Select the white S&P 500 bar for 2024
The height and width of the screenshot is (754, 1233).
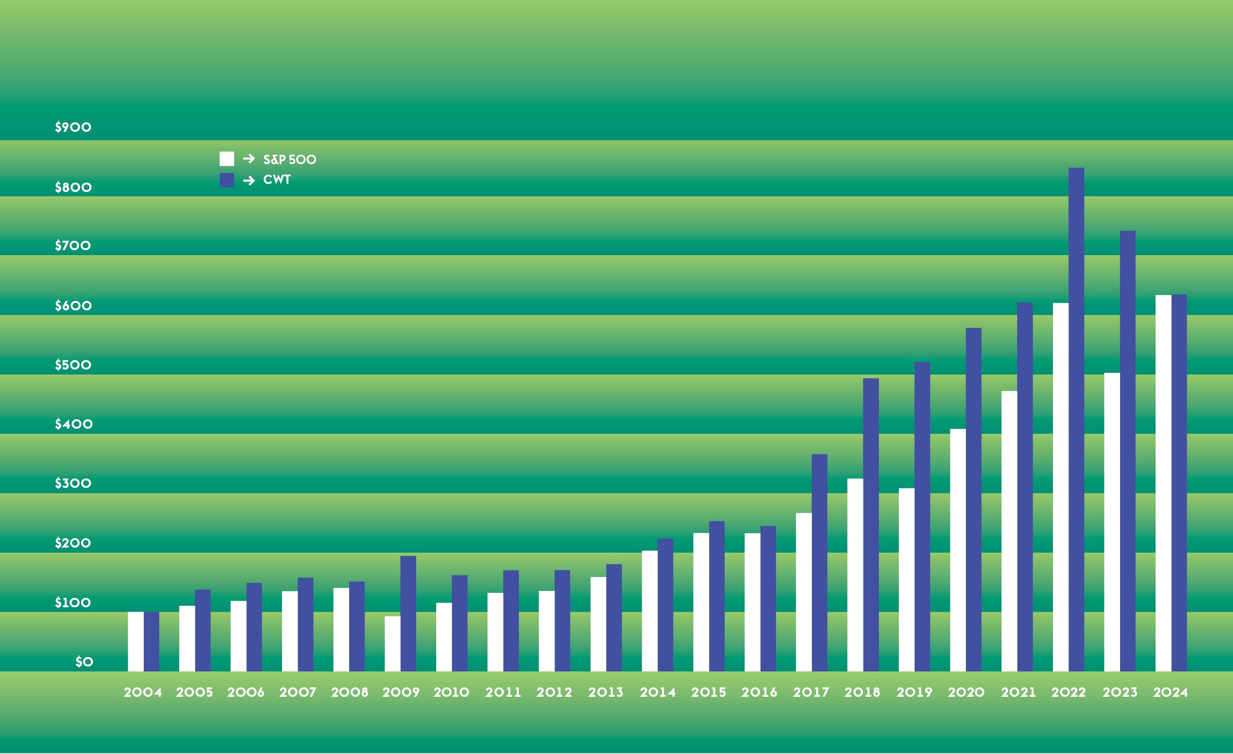pyautogui.click(x=1163, y=483)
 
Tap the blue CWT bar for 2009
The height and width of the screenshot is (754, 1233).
pyautogui.click(x=408, y=613)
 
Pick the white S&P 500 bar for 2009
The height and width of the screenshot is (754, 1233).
pyautogui.click(x=392, y=644)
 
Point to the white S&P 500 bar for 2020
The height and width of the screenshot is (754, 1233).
pyautogui.click(x=958, y=550)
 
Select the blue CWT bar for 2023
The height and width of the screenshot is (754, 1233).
pyautogui.click(x=1128, y=451)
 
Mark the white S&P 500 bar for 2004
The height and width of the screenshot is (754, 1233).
pyautogui.click(x=136, y=642)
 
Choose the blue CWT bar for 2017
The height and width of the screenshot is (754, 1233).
pyautogui.click(x=819, y=563)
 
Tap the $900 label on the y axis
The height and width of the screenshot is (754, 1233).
pyautogui.click(x=73, y=127)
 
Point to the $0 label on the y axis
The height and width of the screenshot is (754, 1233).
pyautogui.click(x=84, y=662)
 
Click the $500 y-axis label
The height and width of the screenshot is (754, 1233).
pyautogui.click(x=73, y=365)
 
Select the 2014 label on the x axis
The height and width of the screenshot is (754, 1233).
pyautogui.click(x=658, y=692)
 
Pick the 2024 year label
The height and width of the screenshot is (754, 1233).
pyautogui.click(x=1170, y=692)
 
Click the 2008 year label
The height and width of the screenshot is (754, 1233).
pyautogui.click(x=349, y=692)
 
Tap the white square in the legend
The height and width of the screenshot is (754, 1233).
pyautogui.click(x=227, y=159)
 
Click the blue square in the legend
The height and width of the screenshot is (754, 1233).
pyautogui.click(x=227, y=180)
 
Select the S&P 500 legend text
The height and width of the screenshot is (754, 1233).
pyautogui.click(x=290, y=160)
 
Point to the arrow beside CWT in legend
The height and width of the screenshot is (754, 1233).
pyautogui.click(x=249, y=181)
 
